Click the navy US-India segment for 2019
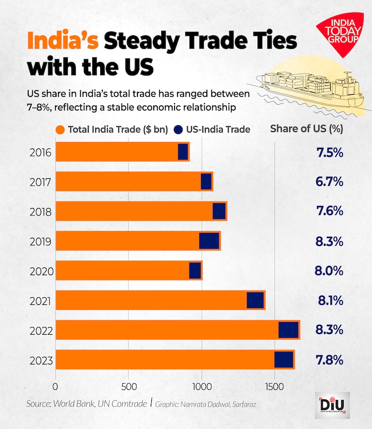click(x=209, y=241)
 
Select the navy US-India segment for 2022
click(x=288, y=330)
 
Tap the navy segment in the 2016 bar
click(x=183, y=151)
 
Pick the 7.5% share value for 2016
click(x=330, y=152)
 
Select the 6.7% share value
click(x=330, y=182)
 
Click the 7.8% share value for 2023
click(x=330, y=359)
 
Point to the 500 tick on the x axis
click(x=128, y=386)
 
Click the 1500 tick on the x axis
click(x=275, y=386)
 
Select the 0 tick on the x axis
click(x=56, y=386)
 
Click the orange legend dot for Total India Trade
click(x=61, y=130)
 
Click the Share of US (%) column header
click(x=307, y=129)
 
